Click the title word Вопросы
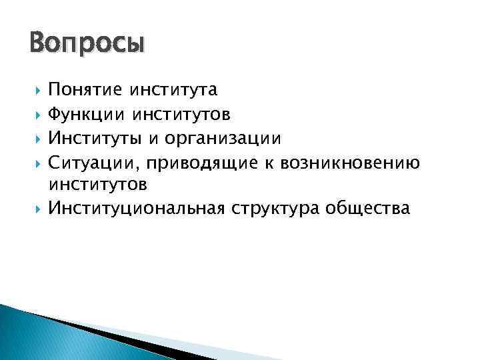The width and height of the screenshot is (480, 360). (x=87, y=45)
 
